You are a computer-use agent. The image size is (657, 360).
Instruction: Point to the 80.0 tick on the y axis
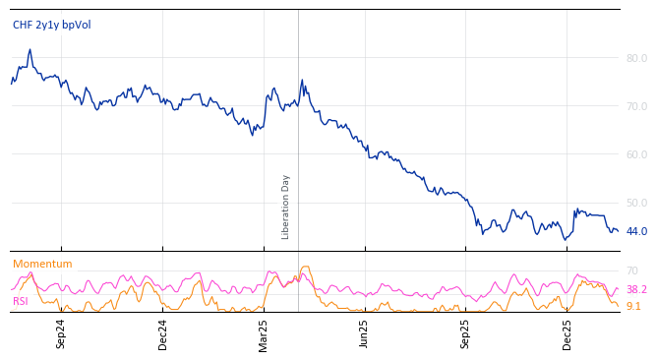coord(636,58)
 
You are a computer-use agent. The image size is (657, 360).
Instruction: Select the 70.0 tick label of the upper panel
coord(636,106)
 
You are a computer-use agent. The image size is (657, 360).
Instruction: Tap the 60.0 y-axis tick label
coord(636,154)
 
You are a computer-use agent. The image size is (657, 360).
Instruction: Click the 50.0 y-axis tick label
coord(636,203)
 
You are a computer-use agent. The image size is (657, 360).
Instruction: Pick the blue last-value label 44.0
coord(636,231)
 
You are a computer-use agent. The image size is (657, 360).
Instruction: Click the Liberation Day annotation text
coord(286,207)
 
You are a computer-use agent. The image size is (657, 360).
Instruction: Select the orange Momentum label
coord(42,264)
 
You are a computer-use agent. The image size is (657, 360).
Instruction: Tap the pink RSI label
coord(21,301)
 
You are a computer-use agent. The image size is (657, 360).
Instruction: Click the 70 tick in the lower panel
coord(632,270)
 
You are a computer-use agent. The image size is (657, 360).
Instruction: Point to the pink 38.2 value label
coord(636,289)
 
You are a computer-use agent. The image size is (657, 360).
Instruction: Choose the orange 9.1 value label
coord(633,306)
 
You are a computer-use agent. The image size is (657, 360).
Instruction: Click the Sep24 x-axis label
coord(61,334)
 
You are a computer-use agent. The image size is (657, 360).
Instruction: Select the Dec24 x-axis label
coord(163,334)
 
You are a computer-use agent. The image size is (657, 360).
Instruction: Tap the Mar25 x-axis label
coord(264,334)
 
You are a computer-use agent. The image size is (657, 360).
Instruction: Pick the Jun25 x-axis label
coord(365,334)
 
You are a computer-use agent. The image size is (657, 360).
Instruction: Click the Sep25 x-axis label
coord(466,334)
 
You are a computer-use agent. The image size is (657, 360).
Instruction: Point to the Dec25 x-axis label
coord(567,334)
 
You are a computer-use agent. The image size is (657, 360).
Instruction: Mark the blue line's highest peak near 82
coord(30,49)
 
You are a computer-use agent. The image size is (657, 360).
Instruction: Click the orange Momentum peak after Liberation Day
coord(306,266)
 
